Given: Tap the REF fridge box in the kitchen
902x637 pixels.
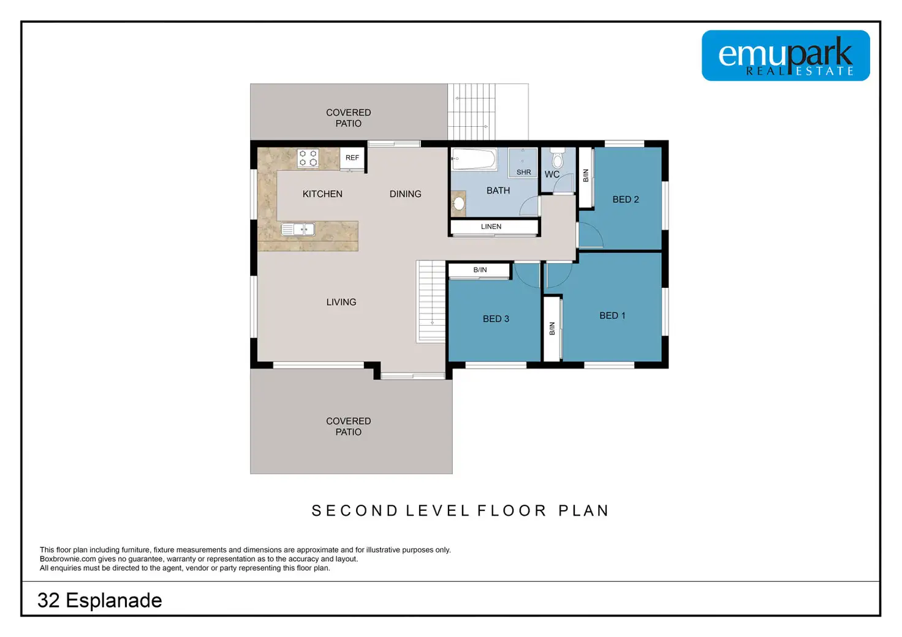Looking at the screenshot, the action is [x=352, y=158].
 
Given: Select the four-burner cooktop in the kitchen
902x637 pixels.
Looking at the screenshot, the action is [x=308, y=158].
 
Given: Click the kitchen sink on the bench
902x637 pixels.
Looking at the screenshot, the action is [x=298, y=229].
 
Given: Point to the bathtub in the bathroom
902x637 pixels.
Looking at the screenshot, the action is [x=474, y=159].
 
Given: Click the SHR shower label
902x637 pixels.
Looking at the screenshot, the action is [x=523, y=172].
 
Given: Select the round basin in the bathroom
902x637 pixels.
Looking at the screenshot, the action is [x=458, y=203].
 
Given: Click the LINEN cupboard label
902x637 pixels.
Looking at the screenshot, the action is [x=491, y=227].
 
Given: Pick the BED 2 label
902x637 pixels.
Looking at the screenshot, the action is [x=626, y=200].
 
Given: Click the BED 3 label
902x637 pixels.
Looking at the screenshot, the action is [x=496, y=319].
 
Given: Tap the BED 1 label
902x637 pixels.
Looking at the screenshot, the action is [x=612, y=316].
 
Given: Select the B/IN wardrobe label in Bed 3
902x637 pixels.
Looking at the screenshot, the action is [x=480, y=270].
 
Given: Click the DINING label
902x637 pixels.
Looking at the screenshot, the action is [x=405, y=194].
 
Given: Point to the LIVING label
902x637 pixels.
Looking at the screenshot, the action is [x=341, y=302].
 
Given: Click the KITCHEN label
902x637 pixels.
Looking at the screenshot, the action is [x=322, y=194].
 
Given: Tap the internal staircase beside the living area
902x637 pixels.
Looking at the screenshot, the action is [x=431, y=302].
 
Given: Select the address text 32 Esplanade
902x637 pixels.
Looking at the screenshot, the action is [x=99, y=601].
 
